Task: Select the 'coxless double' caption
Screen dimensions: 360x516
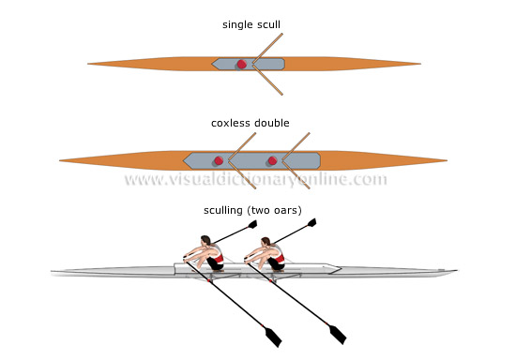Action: click(250, 122)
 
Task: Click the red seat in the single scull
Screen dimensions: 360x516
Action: click(242, 64)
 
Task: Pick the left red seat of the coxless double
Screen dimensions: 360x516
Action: click(218, 160)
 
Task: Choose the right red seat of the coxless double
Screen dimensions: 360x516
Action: click(272, 160)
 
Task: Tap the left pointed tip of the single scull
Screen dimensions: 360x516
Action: click(90, 64)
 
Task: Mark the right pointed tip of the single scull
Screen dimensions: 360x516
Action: click(419, 64)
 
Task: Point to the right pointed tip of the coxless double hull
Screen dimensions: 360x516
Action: click(447, 160)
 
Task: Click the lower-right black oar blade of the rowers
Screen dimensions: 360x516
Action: click(336, 335)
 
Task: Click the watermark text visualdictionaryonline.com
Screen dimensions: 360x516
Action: click(255, 180)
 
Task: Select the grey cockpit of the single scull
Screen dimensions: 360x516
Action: click(249, 64)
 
